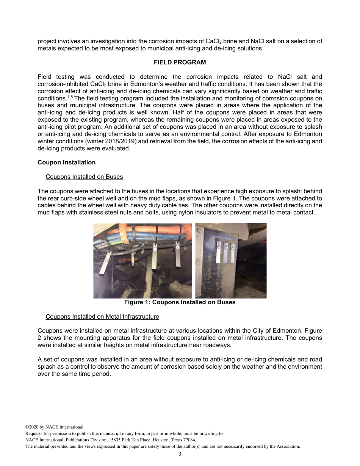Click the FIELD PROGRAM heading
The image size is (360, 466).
coord(180,63)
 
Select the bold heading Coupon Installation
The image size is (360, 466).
coord(66,163)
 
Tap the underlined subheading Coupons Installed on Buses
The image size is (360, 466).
coord(84,177)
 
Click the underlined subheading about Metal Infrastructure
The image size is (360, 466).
coord(102,316)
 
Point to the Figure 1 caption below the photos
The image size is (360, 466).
coord(180,302)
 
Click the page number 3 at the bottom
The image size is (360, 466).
coord(180,454)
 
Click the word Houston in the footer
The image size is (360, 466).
coord(154,440)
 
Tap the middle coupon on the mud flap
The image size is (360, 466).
coord(226,252)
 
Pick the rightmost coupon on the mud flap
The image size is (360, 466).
coord(233,252)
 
